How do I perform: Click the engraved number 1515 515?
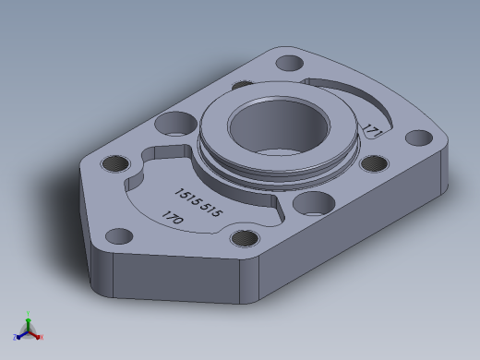click(198, 202)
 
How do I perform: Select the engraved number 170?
click(173, 217)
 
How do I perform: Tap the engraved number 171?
click(372, 131)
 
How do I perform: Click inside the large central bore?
click(279, 127)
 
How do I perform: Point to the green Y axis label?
click(28, 314)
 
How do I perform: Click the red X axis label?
click(42, 337)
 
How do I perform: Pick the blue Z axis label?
click(15, 337)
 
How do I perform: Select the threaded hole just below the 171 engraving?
click(374, 163)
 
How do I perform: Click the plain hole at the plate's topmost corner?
click(290, 63)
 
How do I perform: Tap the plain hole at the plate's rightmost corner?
click(419, 138)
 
